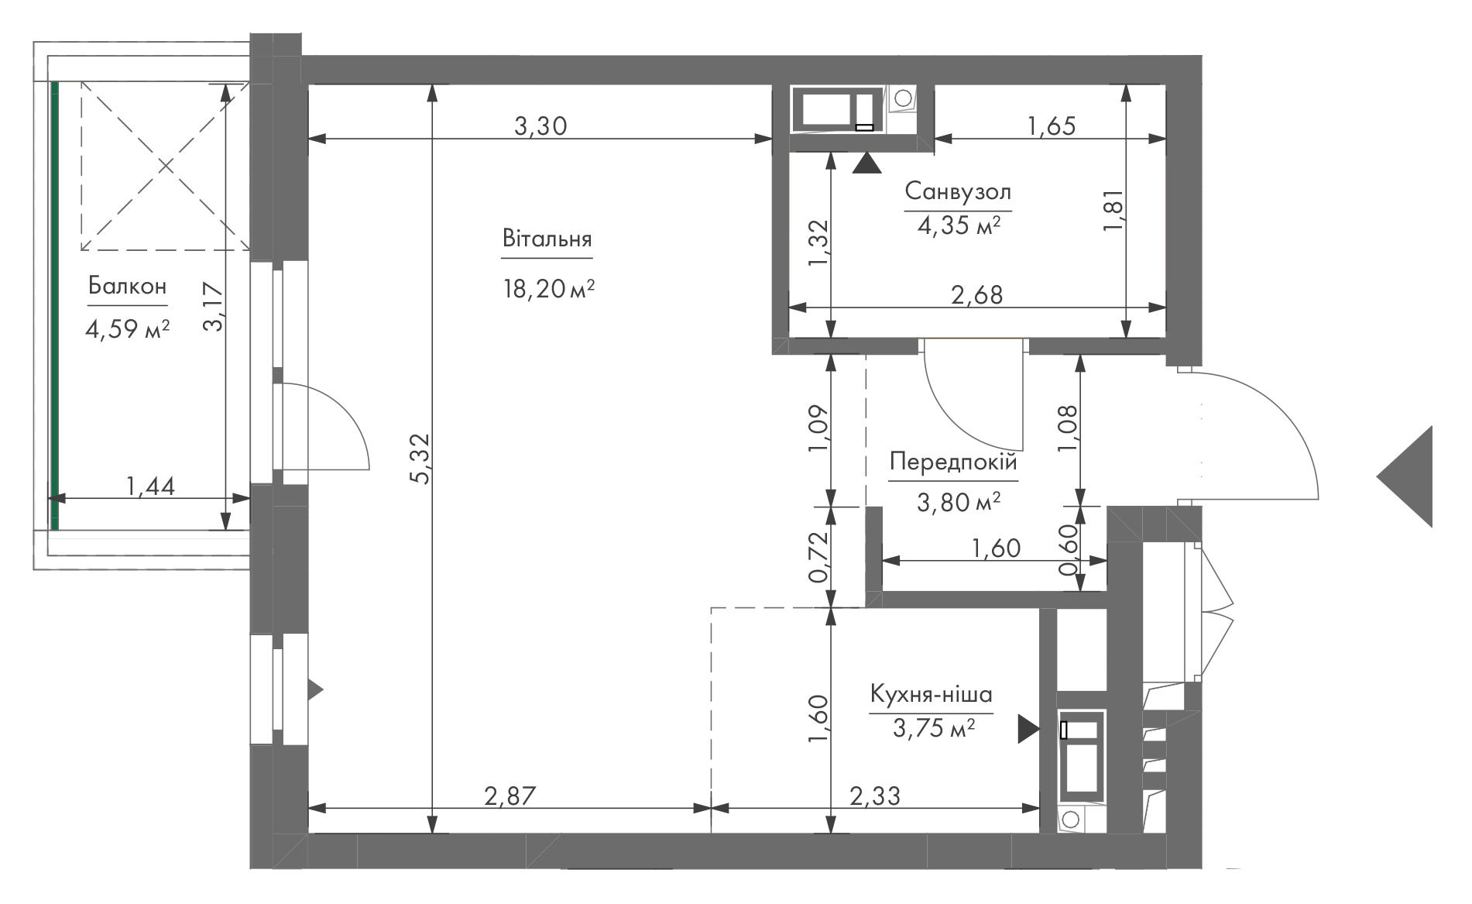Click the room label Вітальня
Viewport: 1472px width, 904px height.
(x=547, y=238)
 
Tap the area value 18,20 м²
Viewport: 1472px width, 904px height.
(x=549, y=290)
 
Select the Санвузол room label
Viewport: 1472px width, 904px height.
(x=958, y=191)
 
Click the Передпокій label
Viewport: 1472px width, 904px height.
(x=953, y=462)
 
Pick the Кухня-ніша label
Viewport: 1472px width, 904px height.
(x=932, y=693)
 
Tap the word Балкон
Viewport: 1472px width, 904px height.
(x=127, y=286)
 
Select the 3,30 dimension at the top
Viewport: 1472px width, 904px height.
(x=541, y=125)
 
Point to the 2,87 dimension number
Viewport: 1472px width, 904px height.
(x=510, y=796)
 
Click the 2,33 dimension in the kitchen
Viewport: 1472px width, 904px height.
(x=875, y=796)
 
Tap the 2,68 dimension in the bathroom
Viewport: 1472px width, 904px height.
(x=976, y=294)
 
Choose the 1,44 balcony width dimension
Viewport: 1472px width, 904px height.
(x=150, y=486)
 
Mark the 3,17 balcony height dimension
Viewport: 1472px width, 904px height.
(x=213, y=307)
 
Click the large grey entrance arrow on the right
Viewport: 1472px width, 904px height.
(x=1405, y=476)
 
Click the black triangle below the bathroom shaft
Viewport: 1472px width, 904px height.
(x=866, y=163)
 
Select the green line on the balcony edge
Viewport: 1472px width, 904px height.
(x=55, y=305)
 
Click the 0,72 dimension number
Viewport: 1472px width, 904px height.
(x=818, y=557)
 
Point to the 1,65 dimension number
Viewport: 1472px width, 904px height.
(x=1051, y=125)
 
